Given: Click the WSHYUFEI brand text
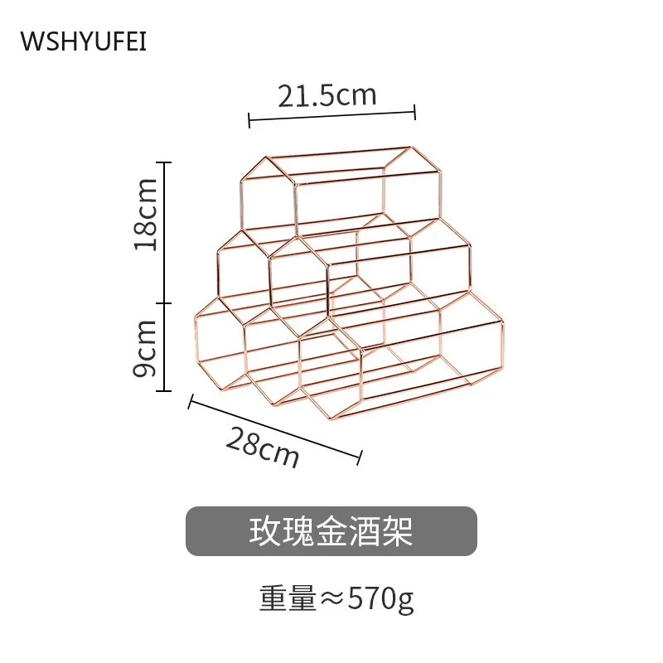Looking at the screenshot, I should click(83, 41).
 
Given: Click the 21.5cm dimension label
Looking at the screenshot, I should click(327, 96).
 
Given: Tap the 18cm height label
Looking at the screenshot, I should click(147, 214).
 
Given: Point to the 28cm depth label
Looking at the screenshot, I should click(261, 448).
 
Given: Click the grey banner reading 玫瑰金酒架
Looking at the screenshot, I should click(331, 531).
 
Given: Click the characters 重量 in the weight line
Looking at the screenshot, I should click(287, 598).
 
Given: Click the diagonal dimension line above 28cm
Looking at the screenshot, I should click(275, 428).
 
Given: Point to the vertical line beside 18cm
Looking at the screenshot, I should click(167, 232).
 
